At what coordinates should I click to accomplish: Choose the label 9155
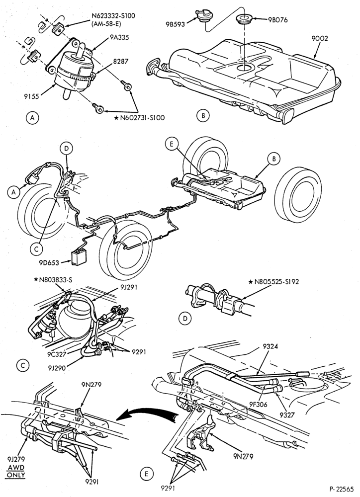[x=31, y=95]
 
